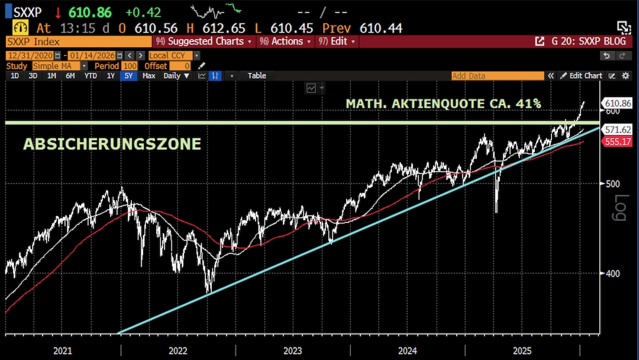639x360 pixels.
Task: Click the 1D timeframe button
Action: [x=15, y=76]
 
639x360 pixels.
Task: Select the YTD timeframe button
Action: [x=91, y=76]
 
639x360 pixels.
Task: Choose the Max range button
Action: [x=149, y=76]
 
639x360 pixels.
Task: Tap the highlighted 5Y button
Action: [x=128, y=76]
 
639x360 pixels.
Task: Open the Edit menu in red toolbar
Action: [x=338, y=41]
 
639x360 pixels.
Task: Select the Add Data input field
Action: [x=497, y=76]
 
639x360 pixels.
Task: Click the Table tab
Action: [x=257, y=76]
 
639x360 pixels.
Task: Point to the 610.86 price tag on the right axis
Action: [x=617, y=103]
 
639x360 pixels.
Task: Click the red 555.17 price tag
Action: [x=617, y=142]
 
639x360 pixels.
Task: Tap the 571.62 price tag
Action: [x=617, y=130]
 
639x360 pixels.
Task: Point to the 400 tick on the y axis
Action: [x=611, y=274]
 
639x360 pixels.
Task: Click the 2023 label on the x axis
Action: [x=292, y=351]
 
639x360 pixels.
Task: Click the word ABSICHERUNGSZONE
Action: [x=112, y=144]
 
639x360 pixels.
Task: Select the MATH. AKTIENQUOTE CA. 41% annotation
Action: [x=443, y=104]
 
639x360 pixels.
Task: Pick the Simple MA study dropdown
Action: [x=60, y=66]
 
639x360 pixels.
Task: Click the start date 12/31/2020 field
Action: [x=30, y=55]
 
